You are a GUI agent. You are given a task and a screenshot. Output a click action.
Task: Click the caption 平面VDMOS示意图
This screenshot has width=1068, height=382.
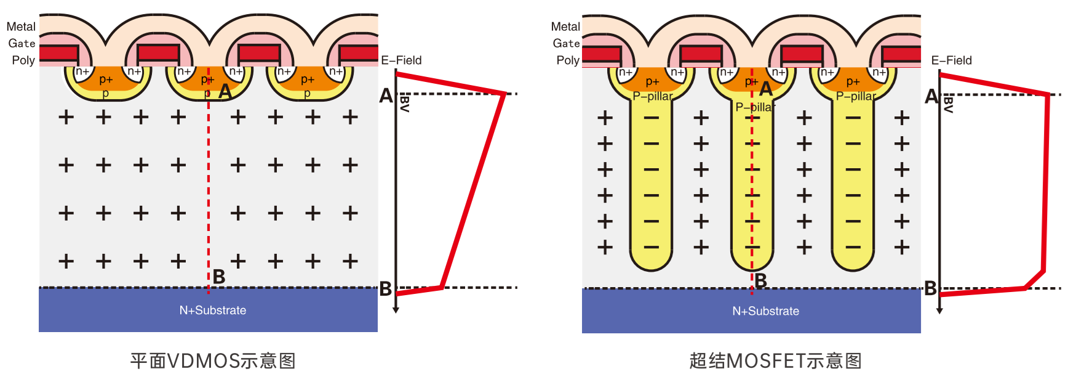click(213, 360)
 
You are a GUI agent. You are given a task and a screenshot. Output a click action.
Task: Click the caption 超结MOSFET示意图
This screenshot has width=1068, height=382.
click(775, 360)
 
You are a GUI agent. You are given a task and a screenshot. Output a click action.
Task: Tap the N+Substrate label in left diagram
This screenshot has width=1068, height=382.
click(213, 310)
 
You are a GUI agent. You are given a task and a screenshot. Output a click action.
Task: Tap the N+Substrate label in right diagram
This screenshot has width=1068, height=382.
click(765, 311)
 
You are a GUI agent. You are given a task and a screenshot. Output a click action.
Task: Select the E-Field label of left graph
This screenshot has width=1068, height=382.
click(401, 60)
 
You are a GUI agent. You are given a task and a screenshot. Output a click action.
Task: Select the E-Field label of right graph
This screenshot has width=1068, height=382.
click(951, 60)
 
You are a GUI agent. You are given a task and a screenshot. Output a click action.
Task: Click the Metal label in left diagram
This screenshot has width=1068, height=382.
click(21, 26)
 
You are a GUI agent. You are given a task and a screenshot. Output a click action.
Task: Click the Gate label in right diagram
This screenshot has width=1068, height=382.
click(566, 43)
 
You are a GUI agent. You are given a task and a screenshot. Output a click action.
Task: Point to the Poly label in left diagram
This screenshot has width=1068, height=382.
click(23, 60)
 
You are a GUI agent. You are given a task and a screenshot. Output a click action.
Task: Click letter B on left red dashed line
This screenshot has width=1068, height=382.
click(219, 277)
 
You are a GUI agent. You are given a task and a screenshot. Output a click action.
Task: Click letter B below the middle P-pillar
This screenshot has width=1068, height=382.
click(761, 281)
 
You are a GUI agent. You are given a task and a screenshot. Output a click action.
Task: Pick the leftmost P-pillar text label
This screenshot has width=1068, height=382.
click(653, 96)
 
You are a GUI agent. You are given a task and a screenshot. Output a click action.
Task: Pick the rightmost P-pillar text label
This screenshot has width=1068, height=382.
click(856, 96)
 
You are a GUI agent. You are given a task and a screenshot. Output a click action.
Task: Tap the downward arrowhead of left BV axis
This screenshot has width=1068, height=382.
click(396, 310)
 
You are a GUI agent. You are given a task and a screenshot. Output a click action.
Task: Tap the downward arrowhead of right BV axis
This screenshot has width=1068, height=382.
click(939, 311)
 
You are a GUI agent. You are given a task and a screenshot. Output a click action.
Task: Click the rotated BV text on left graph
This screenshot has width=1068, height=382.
click(405, 104)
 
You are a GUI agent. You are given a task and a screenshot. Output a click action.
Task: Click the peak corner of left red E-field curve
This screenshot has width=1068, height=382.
click(504, 94)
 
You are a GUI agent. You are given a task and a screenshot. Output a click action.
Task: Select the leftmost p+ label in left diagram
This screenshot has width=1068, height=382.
click(106, 79)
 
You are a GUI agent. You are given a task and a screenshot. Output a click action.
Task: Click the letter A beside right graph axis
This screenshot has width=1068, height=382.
click(931, 96)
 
